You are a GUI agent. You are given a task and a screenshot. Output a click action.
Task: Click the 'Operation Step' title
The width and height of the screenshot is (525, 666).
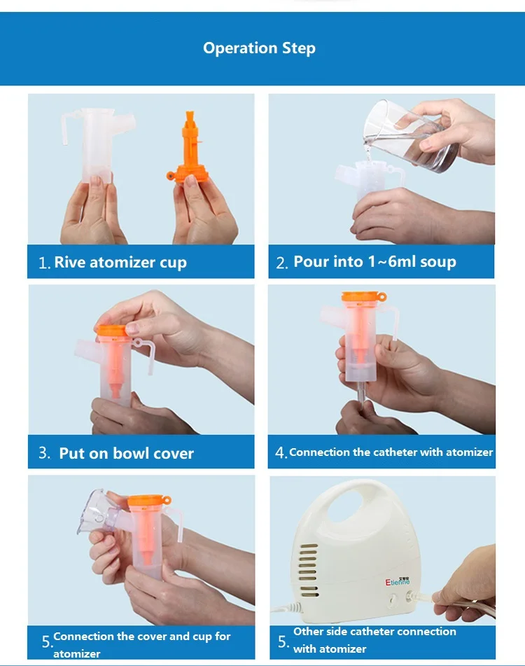[259, 48]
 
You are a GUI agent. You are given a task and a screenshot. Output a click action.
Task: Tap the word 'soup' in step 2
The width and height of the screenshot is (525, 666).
[438, 262]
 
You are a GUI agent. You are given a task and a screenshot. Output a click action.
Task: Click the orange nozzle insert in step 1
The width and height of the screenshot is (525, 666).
[188, 147]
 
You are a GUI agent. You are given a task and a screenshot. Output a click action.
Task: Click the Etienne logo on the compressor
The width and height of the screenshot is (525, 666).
[398, 581]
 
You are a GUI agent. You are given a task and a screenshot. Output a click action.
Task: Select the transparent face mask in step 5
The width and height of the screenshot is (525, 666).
[97, 512]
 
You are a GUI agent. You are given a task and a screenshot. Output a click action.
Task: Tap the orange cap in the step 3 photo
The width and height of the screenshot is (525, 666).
[112, 331]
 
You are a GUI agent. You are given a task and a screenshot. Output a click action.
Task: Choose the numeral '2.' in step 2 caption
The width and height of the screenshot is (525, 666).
[282, 263]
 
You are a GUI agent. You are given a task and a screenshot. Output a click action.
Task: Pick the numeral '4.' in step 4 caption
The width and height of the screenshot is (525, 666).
[281, 452]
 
